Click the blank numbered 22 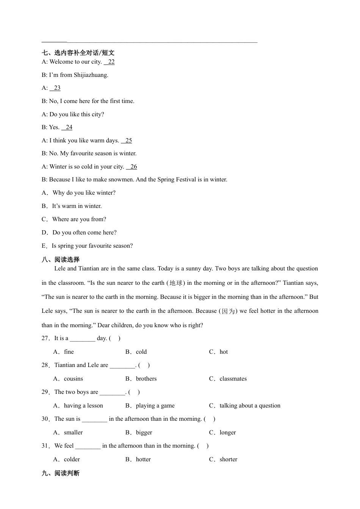pos(109,62)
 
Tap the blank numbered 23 pos(55,88)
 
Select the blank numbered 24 pos(67,127)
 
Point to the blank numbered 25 pos(127,141)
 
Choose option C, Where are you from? pos(79,219)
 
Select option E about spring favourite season pos(92,246)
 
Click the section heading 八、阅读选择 pos(61,259)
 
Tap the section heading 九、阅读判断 pos(61,473)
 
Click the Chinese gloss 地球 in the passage pos(176,283)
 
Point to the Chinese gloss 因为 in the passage pos(228,311)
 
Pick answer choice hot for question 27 pos(224,352)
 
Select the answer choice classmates pos(233,379)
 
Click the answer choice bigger pos(144,432)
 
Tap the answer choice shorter pos(228,459)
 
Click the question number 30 pos(45,419)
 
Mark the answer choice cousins pos(73,379)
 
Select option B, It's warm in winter pos(77,206)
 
